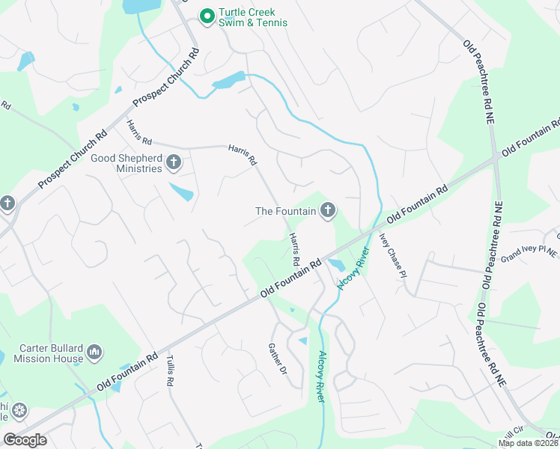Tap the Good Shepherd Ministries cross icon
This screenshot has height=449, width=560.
(x=174, y=162)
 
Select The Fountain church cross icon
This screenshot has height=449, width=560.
(x=327, y=212)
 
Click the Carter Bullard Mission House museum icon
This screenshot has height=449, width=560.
(x=94, y=352)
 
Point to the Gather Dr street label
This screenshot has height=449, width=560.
(x=278, y=359)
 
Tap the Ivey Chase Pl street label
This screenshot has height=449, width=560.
(x=392, y=254)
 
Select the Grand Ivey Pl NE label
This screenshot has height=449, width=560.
(x=529, y=253)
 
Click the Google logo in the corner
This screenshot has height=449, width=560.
(x=25, y=440)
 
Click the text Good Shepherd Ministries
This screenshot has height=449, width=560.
(x=126, y=163)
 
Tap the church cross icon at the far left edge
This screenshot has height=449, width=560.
(x=7, y=203)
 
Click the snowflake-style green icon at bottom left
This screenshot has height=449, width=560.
(x=19, y=411)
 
